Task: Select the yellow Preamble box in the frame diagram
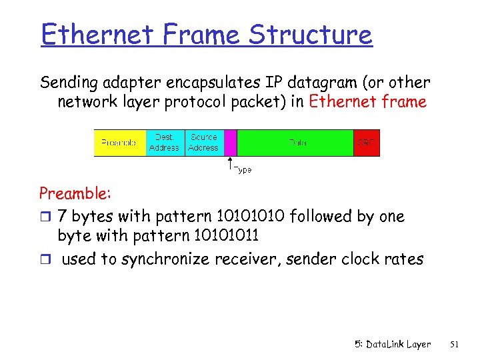click(119, 143)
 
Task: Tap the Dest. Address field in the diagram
click(164, 143)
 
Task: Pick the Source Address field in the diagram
click(203, 143)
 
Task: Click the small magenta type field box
click(231, 143)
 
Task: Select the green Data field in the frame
click(295, 143)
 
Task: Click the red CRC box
click(366, 143)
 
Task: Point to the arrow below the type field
click(230, 164)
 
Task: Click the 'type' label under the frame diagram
click(243, 170)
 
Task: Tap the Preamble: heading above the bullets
click(75, 193)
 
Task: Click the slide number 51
click(455, 344)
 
